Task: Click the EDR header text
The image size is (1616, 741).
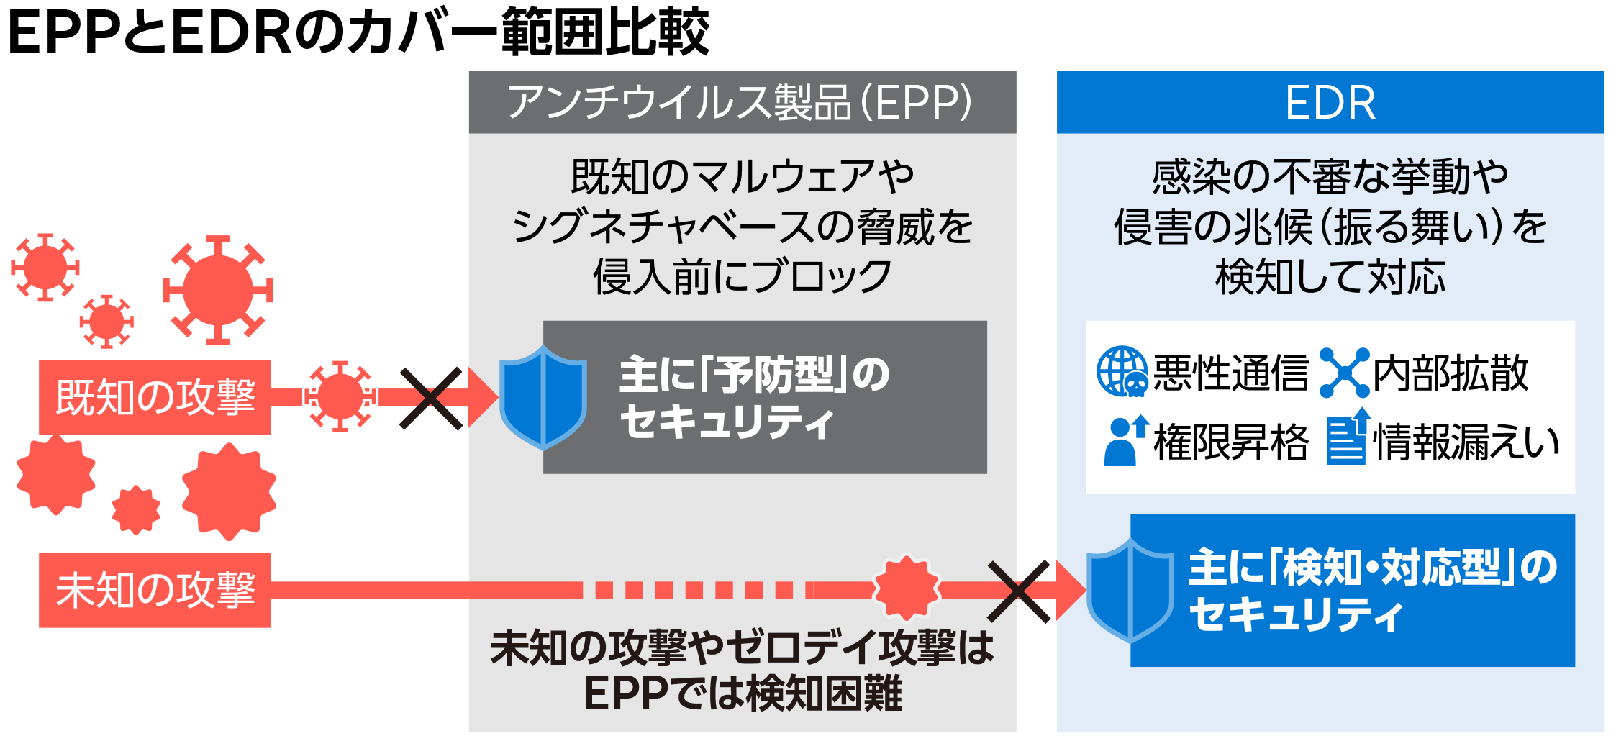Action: pyautogui.click(x=1330, y=103)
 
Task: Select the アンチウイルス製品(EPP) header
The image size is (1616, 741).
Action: pyautogui.click(x=740, y=103)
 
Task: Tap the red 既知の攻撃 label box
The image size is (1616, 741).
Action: pyautogui.click(x=155, y=397)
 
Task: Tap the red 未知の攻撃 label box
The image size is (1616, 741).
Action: pyautogui.click(x=155, y=590)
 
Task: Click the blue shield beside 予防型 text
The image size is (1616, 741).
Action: pyautogui.click(x=543, y=396)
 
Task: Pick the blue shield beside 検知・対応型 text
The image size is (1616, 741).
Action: pyautogui.click(x=1130, y=590)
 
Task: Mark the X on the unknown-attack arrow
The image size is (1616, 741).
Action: pyautogui.click(x=1019, y=591)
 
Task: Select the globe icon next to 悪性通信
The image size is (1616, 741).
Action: pyautogui.click(x=1122, y=372)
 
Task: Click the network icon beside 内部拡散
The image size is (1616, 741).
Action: pyautogui.click(x=1344, y=373)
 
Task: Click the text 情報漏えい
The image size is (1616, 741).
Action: pyautogui.click(x=1466, y=442)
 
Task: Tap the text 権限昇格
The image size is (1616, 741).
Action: pyautogui.click(x=1231, y=442)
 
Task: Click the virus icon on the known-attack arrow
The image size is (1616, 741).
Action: pyautogui.click(x=340, y=396)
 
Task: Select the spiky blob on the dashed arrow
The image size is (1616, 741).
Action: pyautogui.click(x=907, y=588)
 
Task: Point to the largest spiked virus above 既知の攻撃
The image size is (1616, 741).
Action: pyautogui.click(x=217, y=290)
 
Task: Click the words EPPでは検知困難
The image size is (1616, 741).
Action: pyautogui.click(x=743, y=694)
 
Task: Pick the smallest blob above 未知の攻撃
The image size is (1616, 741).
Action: pyautogui.click(x=135, y=510)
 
